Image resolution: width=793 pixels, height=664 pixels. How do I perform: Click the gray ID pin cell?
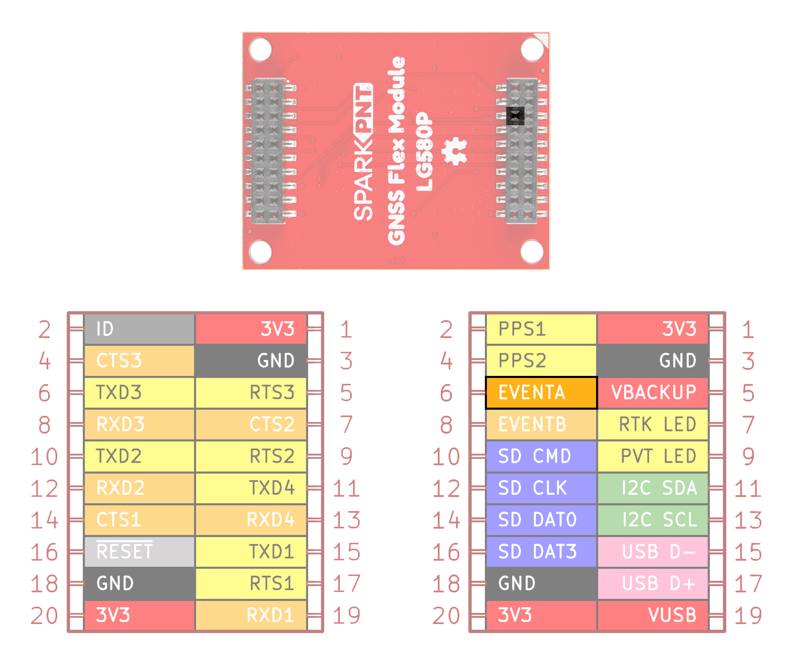(x=139, y=329)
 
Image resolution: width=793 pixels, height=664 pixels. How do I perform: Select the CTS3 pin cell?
(x=139, y=361)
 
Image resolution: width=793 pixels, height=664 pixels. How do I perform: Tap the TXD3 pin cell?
(x=139, y=392)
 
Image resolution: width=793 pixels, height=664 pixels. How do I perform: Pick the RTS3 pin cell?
(x=251, y=392)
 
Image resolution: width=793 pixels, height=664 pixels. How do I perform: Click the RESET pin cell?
(x=139, y=551)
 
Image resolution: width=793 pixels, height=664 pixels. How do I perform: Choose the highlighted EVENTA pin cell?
(x=541, y=392)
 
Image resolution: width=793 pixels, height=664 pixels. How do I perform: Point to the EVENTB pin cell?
(x=541, y=424)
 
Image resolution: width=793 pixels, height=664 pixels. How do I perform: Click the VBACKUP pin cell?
(x=653, y=392)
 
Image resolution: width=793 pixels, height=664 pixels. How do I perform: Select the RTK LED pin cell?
(x=653, y=424)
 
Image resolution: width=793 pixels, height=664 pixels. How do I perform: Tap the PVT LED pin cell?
(x=653, y=456)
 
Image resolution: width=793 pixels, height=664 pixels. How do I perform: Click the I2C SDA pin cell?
(x=653, y=488)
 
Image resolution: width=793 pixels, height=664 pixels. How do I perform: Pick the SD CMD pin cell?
(x=541, y=456)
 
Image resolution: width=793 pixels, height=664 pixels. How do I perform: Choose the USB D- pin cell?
(x=653, y=551)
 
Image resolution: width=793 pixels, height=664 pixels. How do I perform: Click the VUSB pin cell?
(x=653, y=615)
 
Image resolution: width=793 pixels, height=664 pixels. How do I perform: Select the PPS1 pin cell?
(x=541, y=329)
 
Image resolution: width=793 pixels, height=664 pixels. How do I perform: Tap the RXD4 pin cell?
(x=251, y=520)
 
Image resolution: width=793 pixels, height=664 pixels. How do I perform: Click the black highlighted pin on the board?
(x=515, y=116)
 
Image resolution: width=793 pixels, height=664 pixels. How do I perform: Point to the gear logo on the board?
(x=455, y=151)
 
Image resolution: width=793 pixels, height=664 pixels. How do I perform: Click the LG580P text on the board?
(x=425, y=152)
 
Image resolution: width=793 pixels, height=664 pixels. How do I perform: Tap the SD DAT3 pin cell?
(x=541, y=551)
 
